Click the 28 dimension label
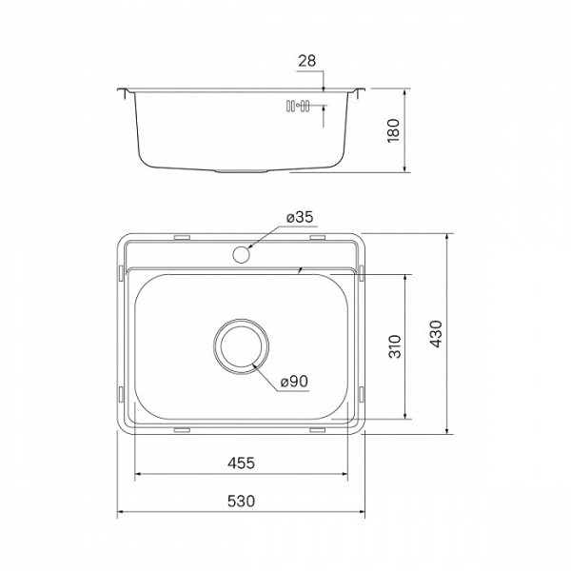(306, 61)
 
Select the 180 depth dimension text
(393, 131)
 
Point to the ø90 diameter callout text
(294, 382)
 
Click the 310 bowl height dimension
(393, 347)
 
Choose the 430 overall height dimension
(435, 332)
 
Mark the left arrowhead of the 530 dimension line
(120, 515)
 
